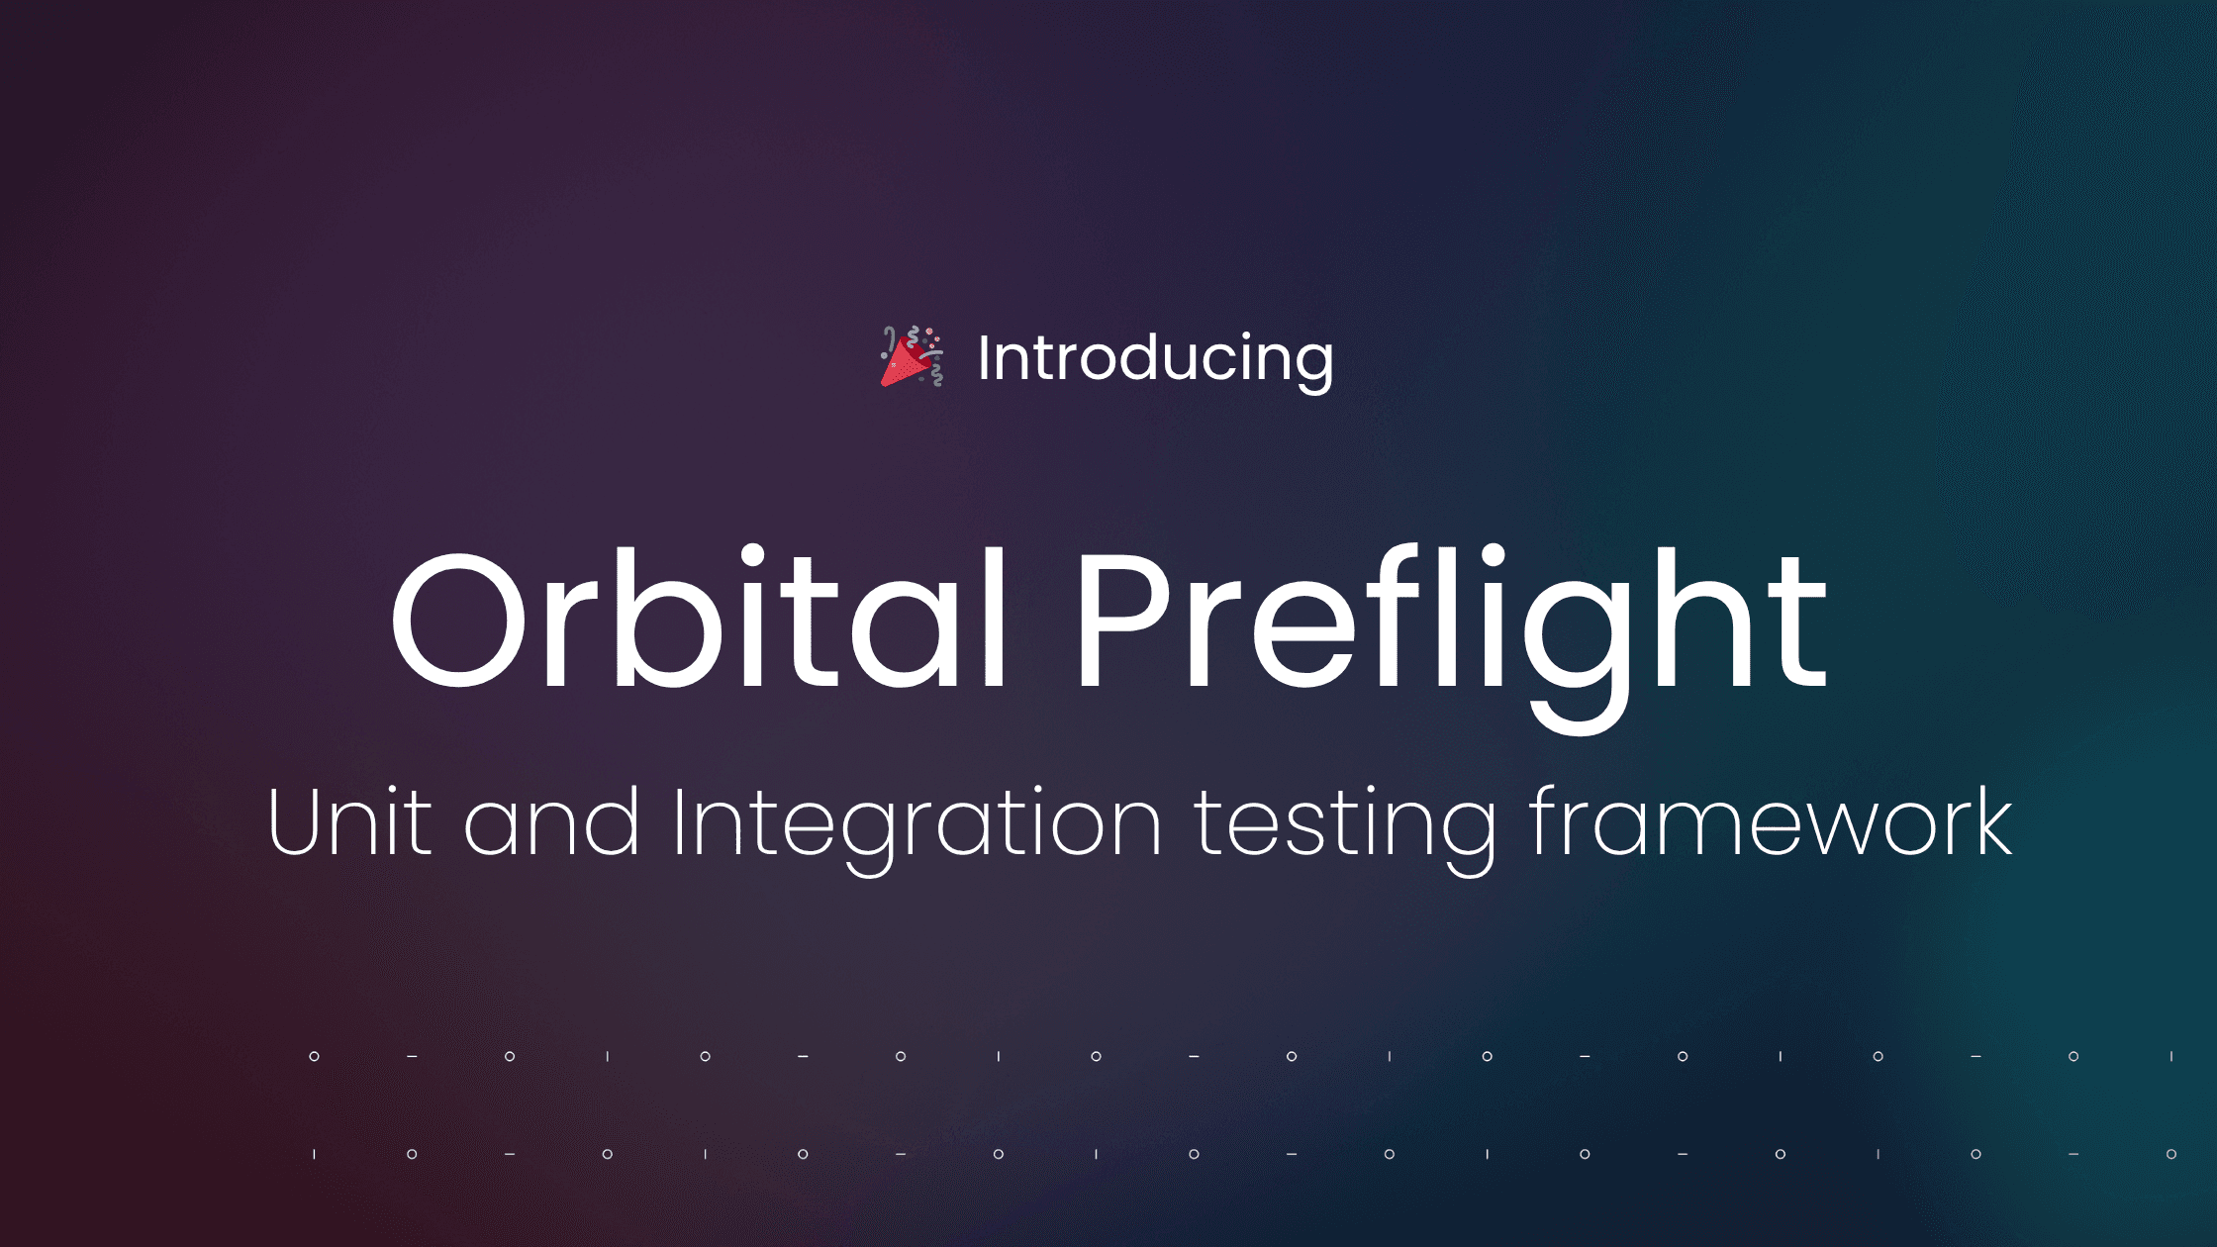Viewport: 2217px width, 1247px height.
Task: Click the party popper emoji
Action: [912, 356]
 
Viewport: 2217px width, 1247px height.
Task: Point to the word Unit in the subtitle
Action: [349, 821]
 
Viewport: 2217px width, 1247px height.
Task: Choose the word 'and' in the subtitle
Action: [551, 821]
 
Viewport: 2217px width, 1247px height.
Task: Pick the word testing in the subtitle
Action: [1345, 830]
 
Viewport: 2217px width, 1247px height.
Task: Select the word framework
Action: [1771, 821]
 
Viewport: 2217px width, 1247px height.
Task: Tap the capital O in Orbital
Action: [459, 619]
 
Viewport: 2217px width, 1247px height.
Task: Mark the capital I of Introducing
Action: [984, 357]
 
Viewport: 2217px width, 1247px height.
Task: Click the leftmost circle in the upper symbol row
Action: [314, 1057]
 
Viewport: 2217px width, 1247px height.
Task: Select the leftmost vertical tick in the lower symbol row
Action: [314, 1154]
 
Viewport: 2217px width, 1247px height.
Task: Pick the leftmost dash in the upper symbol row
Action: [412, 1057]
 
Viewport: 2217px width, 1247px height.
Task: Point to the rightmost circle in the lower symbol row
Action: [2170, 1154]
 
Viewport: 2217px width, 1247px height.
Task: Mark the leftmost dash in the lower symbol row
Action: [510, 1154]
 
